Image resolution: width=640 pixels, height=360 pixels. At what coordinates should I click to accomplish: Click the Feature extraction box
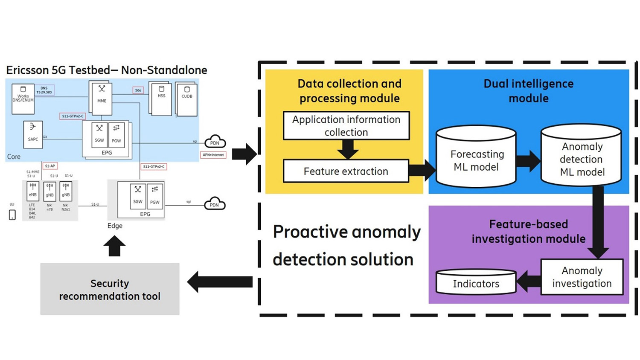pos(346,171)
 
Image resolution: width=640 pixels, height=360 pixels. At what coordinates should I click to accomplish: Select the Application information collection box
pos(346,126)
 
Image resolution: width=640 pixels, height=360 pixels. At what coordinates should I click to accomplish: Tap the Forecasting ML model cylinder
pos(476,158)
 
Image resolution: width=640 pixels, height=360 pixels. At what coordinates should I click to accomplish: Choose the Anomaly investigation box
pos(582,277)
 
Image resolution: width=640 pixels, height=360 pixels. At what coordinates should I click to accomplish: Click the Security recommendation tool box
pos(110,289)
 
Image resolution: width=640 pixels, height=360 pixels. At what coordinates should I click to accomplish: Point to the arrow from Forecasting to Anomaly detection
pos(528,161)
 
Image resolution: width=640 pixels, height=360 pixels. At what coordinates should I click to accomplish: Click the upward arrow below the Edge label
pos(114,246)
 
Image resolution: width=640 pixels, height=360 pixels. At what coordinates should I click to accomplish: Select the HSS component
pos(161,99)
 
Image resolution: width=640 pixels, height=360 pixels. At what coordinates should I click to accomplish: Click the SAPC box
pos(33,134)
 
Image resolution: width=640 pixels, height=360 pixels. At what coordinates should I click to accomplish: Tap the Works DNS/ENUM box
pos(23,99)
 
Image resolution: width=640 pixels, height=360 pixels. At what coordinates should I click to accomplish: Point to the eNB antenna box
pos(33,191)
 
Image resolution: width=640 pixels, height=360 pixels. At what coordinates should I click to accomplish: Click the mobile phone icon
pos(12,215)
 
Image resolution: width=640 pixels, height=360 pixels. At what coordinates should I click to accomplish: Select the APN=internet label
pos(213,155)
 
